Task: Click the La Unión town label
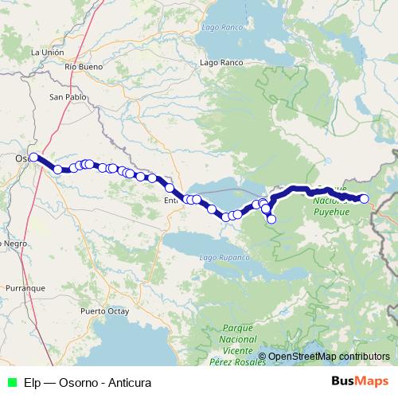pos(46,52)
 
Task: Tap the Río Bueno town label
pos(85,68)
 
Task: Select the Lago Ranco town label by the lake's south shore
pos(220,62)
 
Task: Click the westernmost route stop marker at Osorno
pos(34,157)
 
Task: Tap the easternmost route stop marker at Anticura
pos(365,199)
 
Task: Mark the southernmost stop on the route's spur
pos(271,219)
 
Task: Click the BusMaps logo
pos(360,381)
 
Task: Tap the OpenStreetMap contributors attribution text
pos(329,356)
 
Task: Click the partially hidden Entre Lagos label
pos(170,200)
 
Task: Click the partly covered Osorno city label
pos(22,158)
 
